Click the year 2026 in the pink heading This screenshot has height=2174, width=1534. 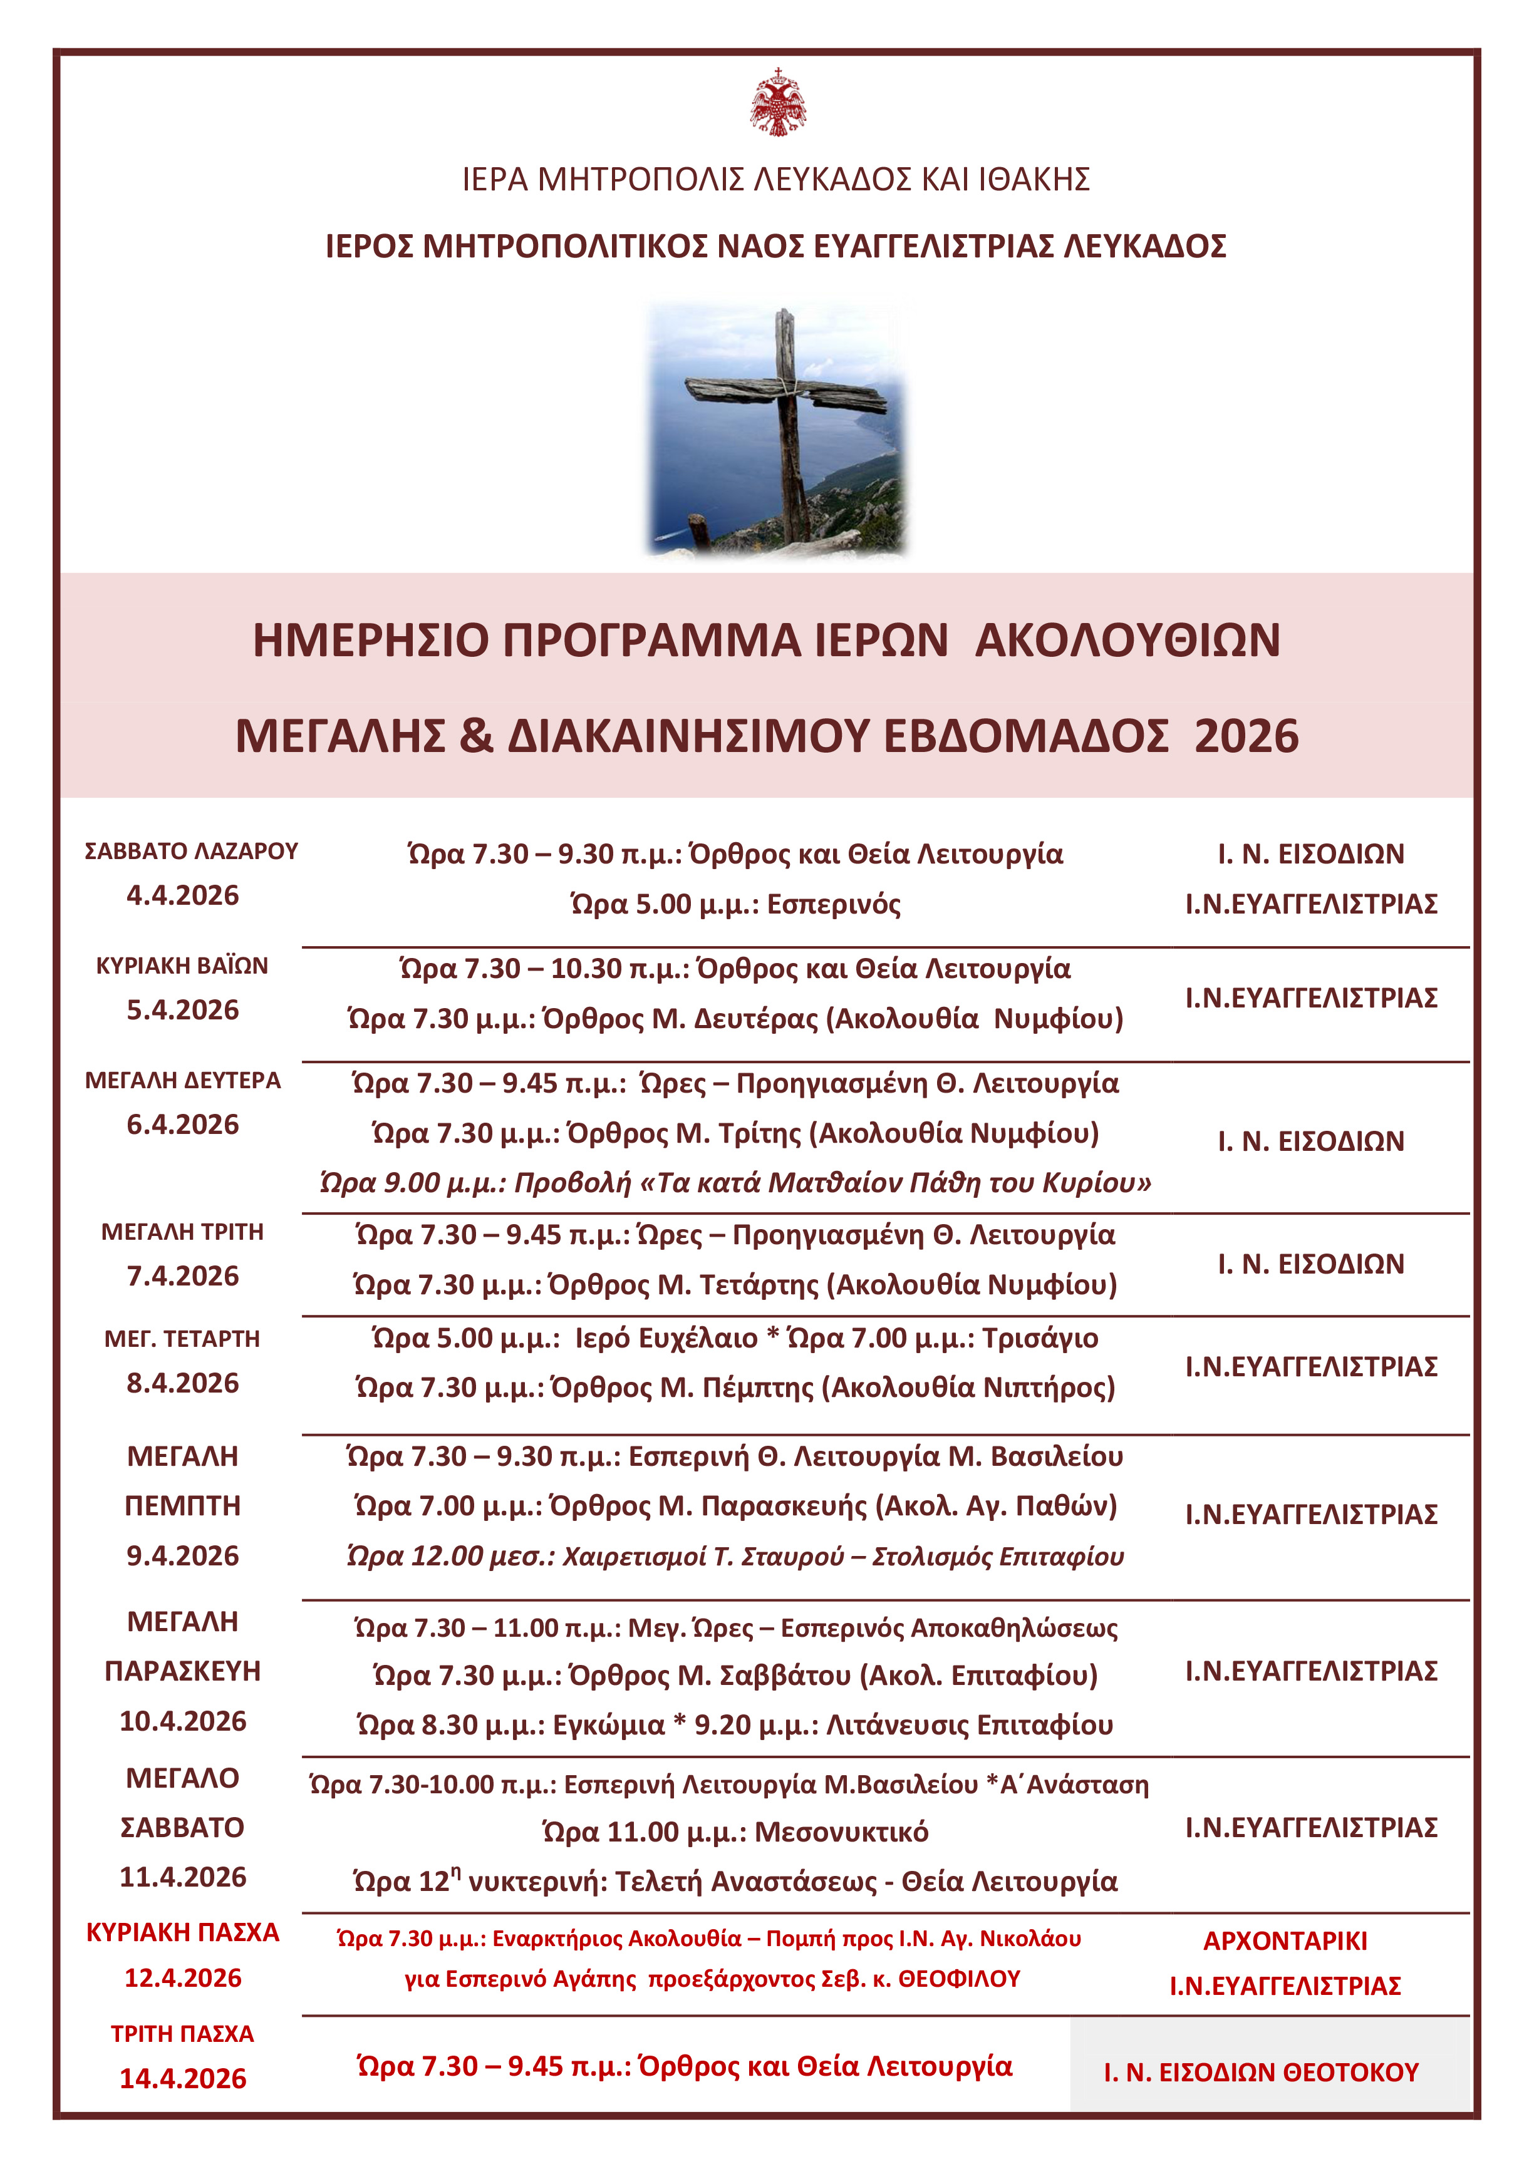coord(1246,736)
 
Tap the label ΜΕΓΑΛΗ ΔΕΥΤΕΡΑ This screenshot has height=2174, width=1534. coord(183,1080)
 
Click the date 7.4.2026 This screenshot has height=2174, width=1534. coord(183,1275)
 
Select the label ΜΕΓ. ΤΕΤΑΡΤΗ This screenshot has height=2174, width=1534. coord(183,1339)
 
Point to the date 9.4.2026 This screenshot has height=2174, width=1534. coord(183,1556)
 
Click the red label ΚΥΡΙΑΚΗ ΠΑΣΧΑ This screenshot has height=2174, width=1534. coord(183,1932)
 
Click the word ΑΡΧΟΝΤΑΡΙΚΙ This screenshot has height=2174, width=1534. coord(1285,1941)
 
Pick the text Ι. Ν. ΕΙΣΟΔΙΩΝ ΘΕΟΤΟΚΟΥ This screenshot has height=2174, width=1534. coord(1262,2073)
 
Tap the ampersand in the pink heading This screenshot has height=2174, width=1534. coord(476,736)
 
